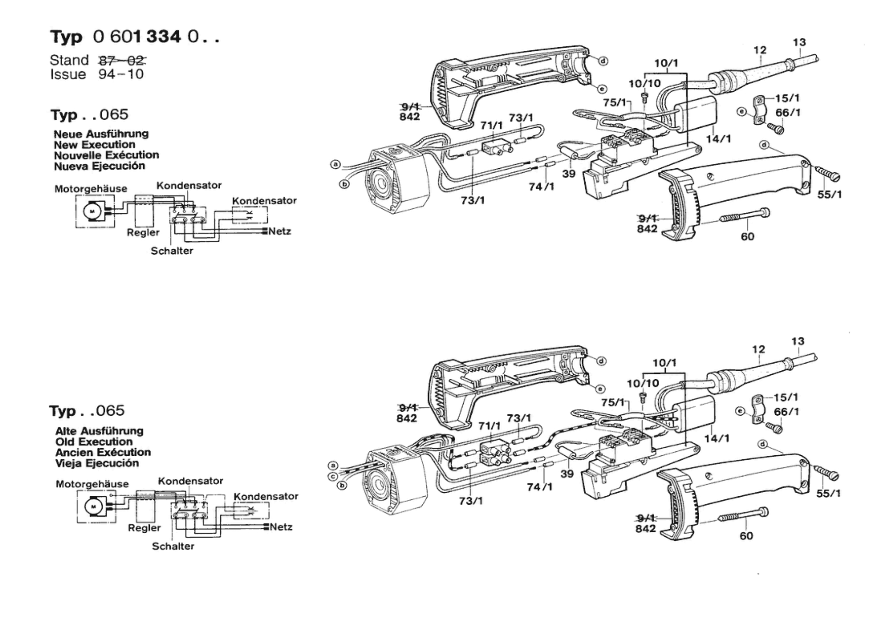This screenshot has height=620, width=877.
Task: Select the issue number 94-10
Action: [x=121, y=74]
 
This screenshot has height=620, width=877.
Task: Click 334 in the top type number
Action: [x=163, y=36]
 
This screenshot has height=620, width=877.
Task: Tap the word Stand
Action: [x=69, y=60]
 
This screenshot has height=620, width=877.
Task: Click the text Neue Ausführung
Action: [x=101, y=134]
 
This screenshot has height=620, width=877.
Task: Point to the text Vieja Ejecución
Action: [x=97, y=463]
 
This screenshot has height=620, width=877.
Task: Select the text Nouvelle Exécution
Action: [x=107, y=155]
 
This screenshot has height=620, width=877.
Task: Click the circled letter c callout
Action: [x=333, y=476]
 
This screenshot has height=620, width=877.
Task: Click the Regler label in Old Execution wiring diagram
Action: [x=144, y=528]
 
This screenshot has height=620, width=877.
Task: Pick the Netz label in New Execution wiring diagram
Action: [x=280, y=232]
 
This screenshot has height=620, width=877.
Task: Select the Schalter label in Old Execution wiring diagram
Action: [x=173, y=546]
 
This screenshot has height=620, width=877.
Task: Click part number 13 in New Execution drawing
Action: [x=799, y=42]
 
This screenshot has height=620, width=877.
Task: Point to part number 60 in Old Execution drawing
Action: [x=746, y=536]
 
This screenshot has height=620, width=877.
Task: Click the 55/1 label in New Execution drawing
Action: [x=829, y=194]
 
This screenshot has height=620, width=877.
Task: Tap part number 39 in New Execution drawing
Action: [x=569, y=174]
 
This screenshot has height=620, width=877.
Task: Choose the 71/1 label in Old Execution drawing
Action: [x=489, y=426]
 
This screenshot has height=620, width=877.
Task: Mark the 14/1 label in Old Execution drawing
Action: [x=717, y=438]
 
